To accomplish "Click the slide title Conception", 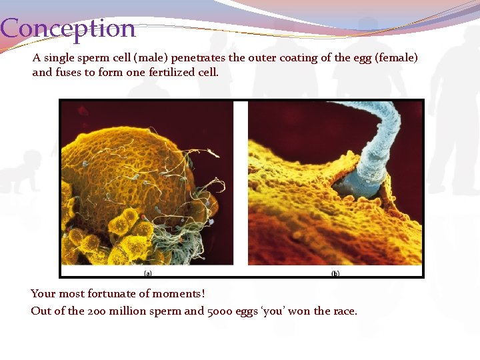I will [x=67, y=29].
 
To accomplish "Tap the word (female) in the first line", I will [x=396, y=58].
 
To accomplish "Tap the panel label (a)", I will [x=147, y=273].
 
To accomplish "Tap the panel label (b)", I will [x=335, y=273].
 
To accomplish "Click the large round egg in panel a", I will [x=127, y=167].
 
